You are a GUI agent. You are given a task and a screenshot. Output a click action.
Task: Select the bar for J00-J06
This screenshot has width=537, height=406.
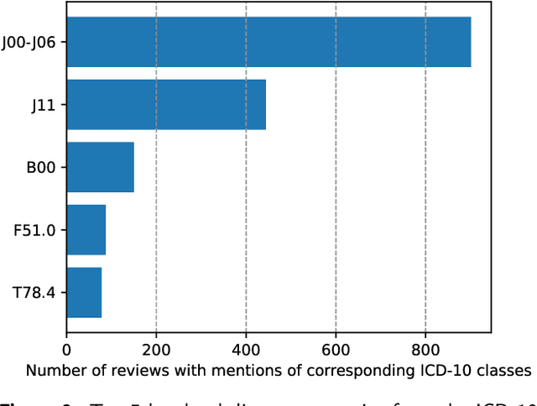[x=268, y=42]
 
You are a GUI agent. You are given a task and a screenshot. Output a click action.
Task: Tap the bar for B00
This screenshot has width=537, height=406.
[x=100, y=167]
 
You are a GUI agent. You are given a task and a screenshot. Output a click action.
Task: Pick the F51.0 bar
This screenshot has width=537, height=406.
[x=86, y=230]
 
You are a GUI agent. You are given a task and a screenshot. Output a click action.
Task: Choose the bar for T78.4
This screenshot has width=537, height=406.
[x=84, y=293]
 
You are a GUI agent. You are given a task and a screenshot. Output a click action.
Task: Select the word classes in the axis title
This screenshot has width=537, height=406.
[x=507, y=370]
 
